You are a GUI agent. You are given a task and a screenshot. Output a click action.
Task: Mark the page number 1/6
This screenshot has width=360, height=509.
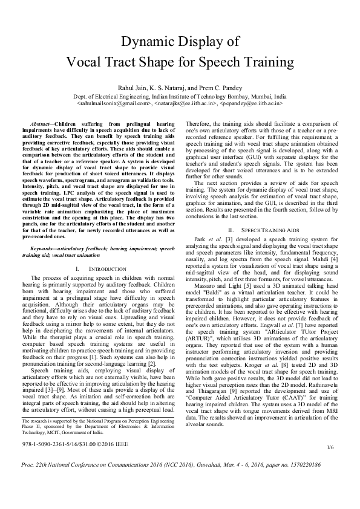tap(330, 464)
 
